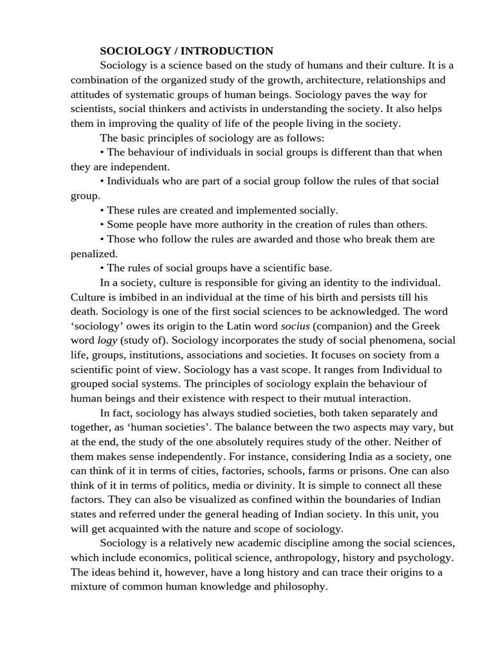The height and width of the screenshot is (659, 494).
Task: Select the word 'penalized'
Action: [93, 254]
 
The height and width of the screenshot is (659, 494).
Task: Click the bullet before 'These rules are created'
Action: [102, 210]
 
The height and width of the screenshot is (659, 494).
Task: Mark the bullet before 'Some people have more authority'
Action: [102, 225]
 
